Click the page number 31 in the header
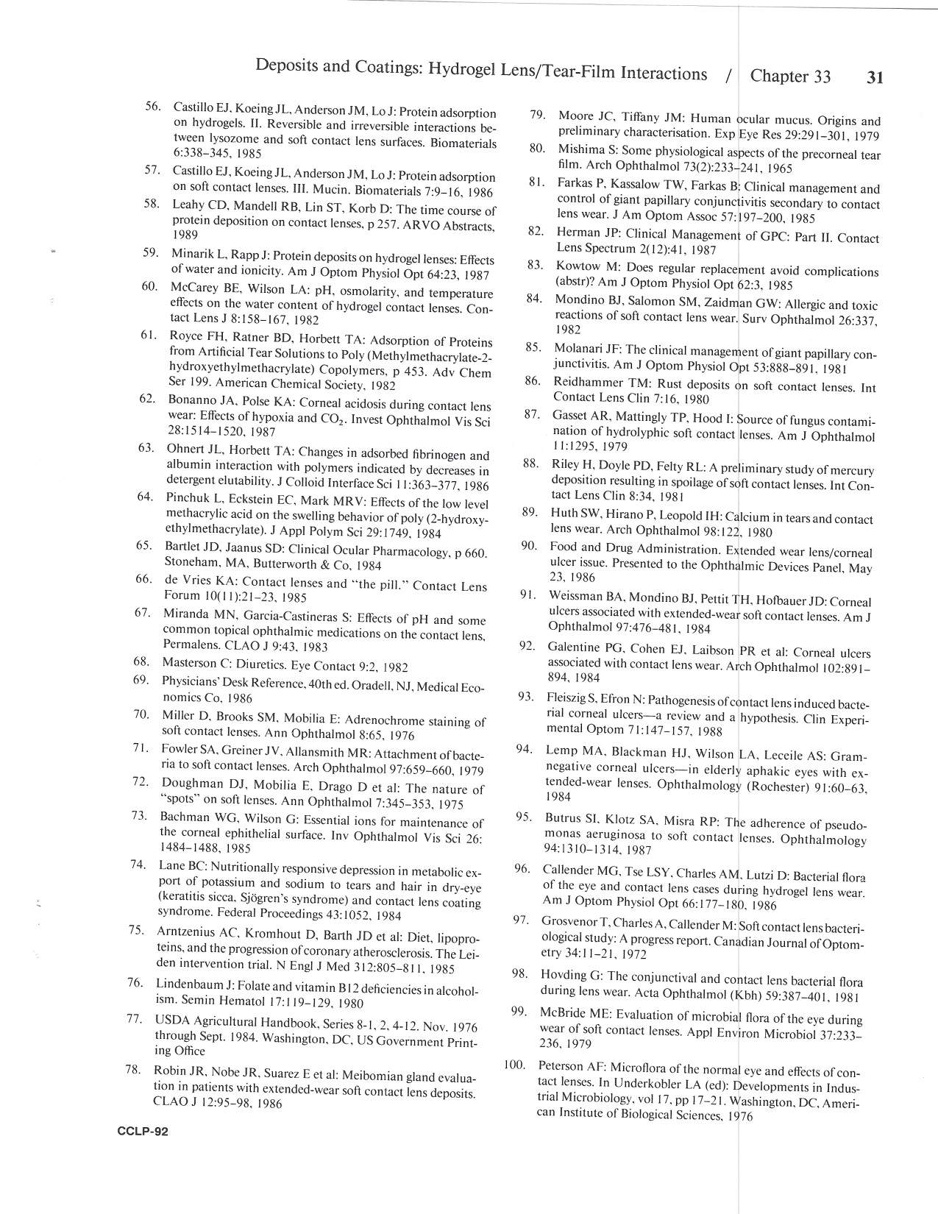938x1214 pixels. (x=875, y=78)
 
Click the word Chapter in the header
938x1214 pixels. (x=781, y=77)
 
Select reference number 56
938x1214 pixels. (x=153, y=106)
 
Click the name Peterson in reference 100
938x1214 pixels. (x=561, y=1065)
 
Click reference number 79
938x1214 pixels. (x=537, y=115)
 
